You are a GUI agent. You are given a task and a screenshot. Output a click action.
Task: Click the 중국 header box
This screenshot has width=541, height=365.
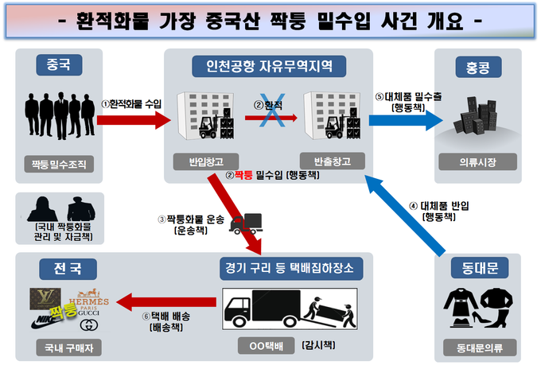[x=61, y=66]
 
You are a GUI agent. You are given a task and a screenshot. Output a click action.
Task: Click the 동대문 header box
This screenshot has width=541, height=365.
[x=479, y=270]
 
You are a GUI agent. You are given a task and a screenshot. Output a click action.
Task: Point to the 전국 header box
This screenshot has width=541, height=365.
[x=60, y=269]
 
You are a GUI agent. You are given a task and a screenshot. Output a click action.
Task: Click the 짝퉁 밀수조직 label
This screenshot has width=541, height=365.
[x=60, y=164]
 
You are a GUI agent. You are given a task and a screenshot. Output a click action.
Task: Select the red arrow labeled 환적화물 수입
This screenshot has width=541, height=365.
[x=132, y=119]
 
